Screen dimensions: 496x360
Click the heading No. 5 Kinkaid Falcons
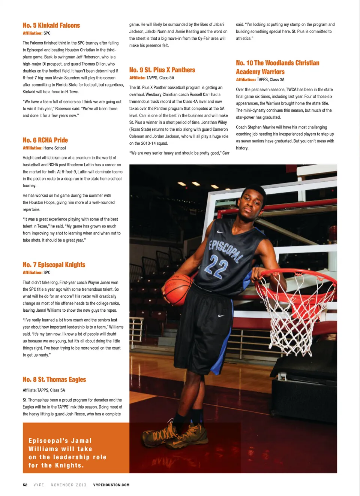(51, 25)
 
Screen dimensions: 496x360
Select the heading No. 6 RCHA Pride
(45, 140)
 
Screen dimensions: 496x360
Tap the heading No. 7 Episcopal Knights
(54, 265)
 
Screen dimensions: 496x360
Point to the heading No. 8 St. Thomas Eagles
(54, 379)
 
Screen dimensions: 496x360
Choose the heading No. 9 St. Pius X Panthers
(162, 70)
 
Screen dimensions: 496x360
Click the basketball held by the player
(177, 290)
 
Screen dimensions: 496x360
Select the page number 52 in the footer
(25, 485)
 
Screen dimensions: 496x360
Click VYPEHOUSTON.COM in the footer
(111, 485)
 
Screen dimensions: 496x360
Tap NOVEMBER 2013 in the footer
(69, 485)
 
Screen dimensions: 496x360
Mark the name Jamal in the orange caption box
(81, 441)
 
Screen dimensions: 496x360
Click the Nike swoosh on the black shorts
(221, 315)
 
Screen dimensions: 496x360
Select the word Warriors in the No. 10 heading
(271, 72)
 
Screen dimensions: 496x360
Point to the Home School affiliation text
(54, 148)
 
